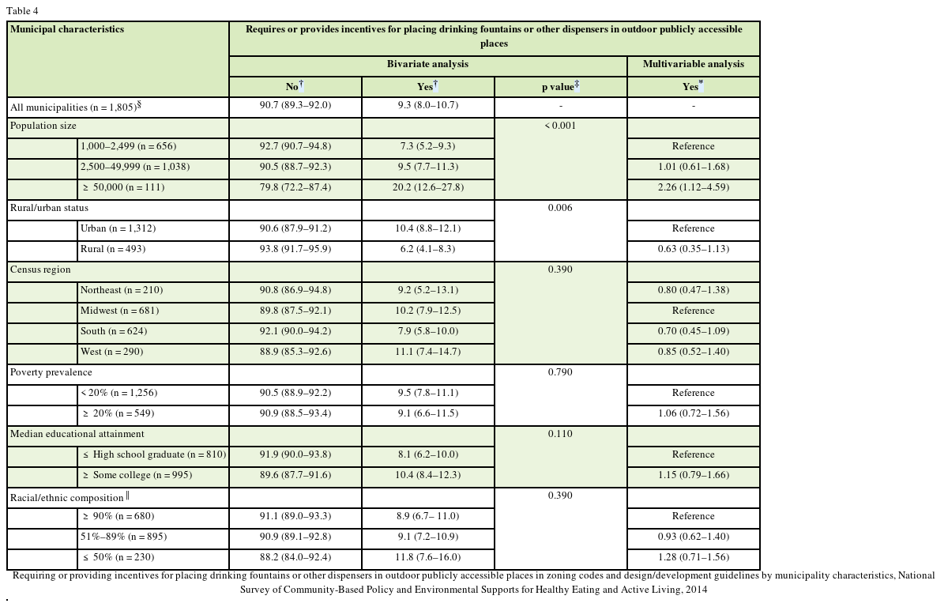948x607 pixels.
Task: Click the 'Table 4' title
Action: click(22, 11)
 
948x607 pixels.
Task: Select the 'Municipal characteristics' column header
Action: click(67, 30)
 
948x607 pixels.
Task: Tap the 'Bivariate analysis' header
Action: click(427, 65)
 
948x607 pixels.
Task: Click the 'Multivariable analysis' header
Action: click(693, 65)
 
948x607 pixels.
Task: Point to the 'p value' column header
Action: click(560, 87)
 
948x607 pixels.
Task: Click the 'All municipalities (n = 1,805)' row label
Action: click(75, 107)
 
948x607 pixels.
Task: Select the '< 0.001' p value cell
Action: click(560, 126)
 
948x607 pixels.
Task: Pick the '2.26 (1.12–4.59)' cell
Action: click(693, 188)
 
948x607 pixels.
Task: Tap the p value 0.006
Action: click(560, 209)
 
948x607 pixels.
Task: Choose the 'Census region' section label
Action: click(40, 270)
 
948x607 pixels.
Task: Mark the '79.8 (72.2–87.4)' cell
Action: click(295, 188)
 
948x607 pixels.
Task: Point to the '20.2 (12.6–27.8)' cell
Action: click(427, 188)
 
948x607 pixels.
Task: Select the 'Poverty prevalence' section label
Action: click(51, 373)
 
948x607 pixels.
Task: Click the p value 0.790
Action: click(560, 373)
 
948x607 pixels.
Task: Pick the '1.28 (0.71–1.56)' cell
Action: click(693, 558)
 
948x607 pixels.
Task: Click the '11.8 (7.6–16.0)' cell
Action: click(427, 558)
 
